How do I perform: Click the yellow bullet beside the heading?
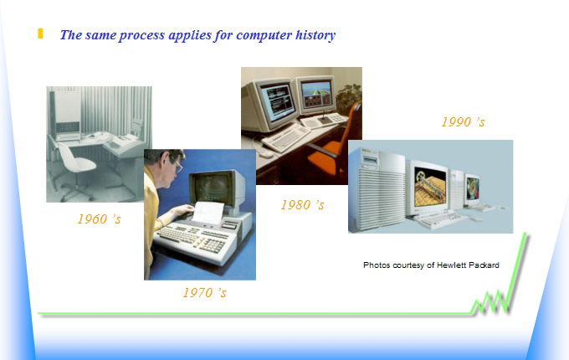click(40, 33)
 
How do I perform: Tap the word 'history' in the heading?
click(315, 35)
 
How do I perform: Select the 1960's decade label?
click(99, 219)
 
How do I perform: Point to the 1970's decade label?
click(205, 292)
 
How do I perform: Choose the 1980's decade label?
click(302, 204)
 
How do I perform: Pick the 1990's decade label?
click(463, 121)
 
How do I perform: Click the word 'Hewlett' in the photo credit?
click(451, 265)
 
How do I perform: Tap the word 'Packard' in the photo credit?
click(484, 265)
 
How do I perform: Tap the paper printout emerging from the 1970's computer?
click(208, 213)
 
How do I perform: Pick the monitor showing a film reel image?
click(429, 188)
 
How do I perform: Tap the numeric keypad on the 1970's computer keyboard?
click(213, 246)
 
